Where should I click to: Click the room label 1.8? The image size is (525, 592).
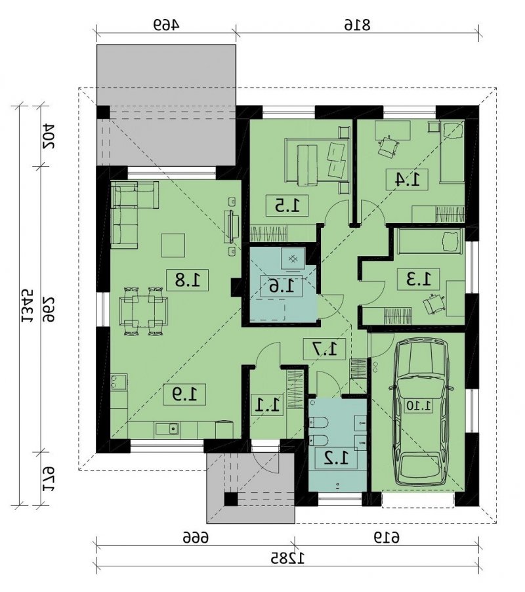tap(188, 280)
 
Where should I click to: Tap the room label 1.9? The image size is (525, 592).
tap(184, 395)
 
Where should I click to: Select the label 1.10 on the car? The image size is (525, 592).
tap(419, 406)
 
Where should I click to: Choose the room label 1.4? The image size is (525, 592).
tap(407, 179)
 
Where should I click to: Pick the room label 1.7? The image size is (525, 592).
tap(325, 349)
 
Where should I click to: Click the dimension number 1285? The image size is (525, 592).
tap(287, 558)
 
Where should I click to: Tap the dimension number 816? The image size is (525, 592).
tap(358, 24)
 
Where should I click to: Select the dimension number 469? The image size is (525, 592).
tap(167, 24)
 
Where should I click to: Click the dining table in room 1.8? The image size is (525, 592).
tap(144, 311)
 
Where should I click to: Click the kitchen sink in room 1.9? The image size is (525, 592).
tap(167, 429)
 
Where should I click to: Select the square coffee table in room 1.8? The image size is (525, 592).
tap(173, 245)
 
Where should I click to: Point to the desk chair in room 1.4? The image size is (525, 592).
tap(388, 146)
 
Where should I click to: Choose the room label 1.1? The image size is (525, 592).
tap(268, 405)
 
